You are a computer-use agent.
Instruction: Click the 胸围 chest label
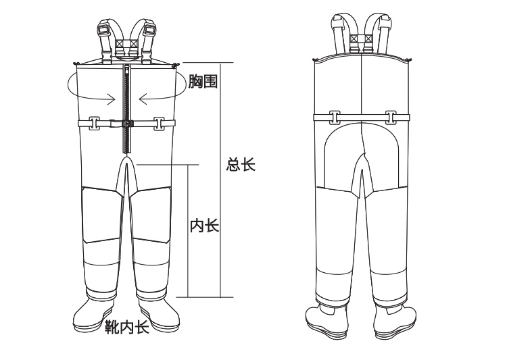[x=203, y=81]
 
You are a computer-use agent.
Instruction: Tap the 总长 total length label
[x=241, y=165]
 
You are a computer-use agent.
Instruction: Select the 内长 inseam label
[x=204, y=225]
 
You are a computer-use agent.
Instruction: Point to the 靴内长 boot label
[x=127, y=327]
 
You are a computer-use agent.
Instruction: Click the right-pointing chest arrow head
[x=112, y=99]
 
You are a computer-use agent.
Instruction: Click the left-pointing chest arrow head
[x=143, y=99]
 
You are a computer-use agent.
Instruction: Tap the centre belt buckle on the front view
[x=122, y=124]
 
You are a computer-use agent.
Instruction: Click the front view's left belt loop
[x=94, y=124]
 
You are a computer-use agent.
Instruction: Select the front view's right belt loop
[x=160, y=124]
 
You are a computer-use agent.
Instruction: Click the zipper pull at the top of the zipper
[x=127, y=68]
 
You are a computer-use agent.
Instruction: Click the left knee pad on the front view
[x=103, y=215]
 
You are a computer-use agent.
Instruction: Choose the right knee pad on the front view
[x=151, y=215]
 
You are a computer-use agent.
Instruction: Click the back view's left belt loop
[x=335, y=118]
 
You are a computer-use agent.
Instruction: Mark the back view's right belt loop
[x=391, y=118]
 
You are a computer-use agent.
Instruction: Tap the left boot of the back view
[x=327, y=321]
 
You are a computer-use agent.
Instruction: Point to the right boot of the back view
[x=395, y=321]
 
